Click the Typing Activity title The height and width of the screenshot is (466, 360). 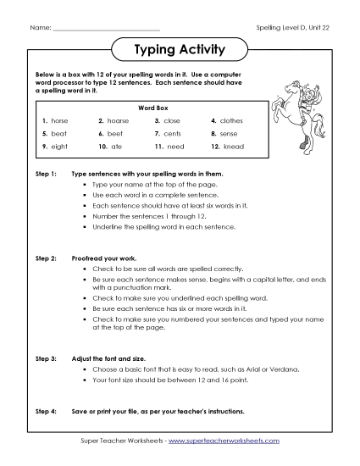point(180,50)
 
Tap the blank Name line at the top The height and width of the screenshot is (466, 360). point(105,29)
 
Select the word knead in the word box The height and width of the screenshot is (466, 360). point(232,147)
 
